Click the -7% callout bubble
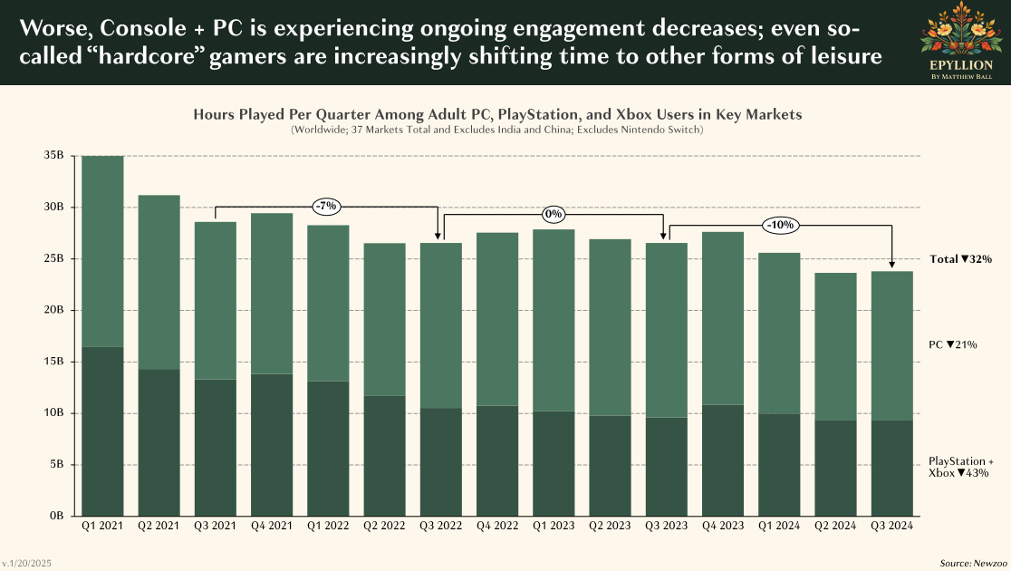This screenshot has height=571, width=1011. pos(326,207)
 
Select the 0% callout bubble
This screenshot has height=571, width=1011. pos(554,215)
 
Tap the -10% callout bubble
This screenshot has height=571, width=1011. pos(780,224)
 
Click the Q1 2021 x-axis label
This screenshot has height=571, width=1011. pos(102,525)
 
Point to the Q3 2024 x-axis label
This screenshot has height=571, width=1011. pos(892,525)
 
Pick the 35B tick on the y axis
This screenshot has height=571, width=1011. pos(54,156)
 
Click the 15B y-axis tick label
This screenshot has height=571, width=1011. pos(54,362)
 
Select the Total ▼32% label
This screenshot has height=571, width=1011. pos(960,259)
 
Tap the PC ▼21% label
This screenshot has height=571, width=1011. pos(953,345)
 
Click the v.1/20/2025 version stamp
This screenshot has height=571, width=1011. pos(26,564)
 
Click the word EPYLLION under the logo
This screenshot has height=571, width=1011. pos(961,66)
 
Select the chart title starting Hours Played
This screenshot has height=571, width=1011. pos(497,115)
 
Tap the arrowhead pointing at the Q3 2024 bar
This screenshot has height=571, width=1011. pos(892,266)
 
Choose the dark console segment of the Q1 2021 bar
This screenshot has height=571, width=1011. pos(102,431)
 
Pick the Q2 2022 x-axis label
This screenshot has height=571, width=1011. pos(384,525)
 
